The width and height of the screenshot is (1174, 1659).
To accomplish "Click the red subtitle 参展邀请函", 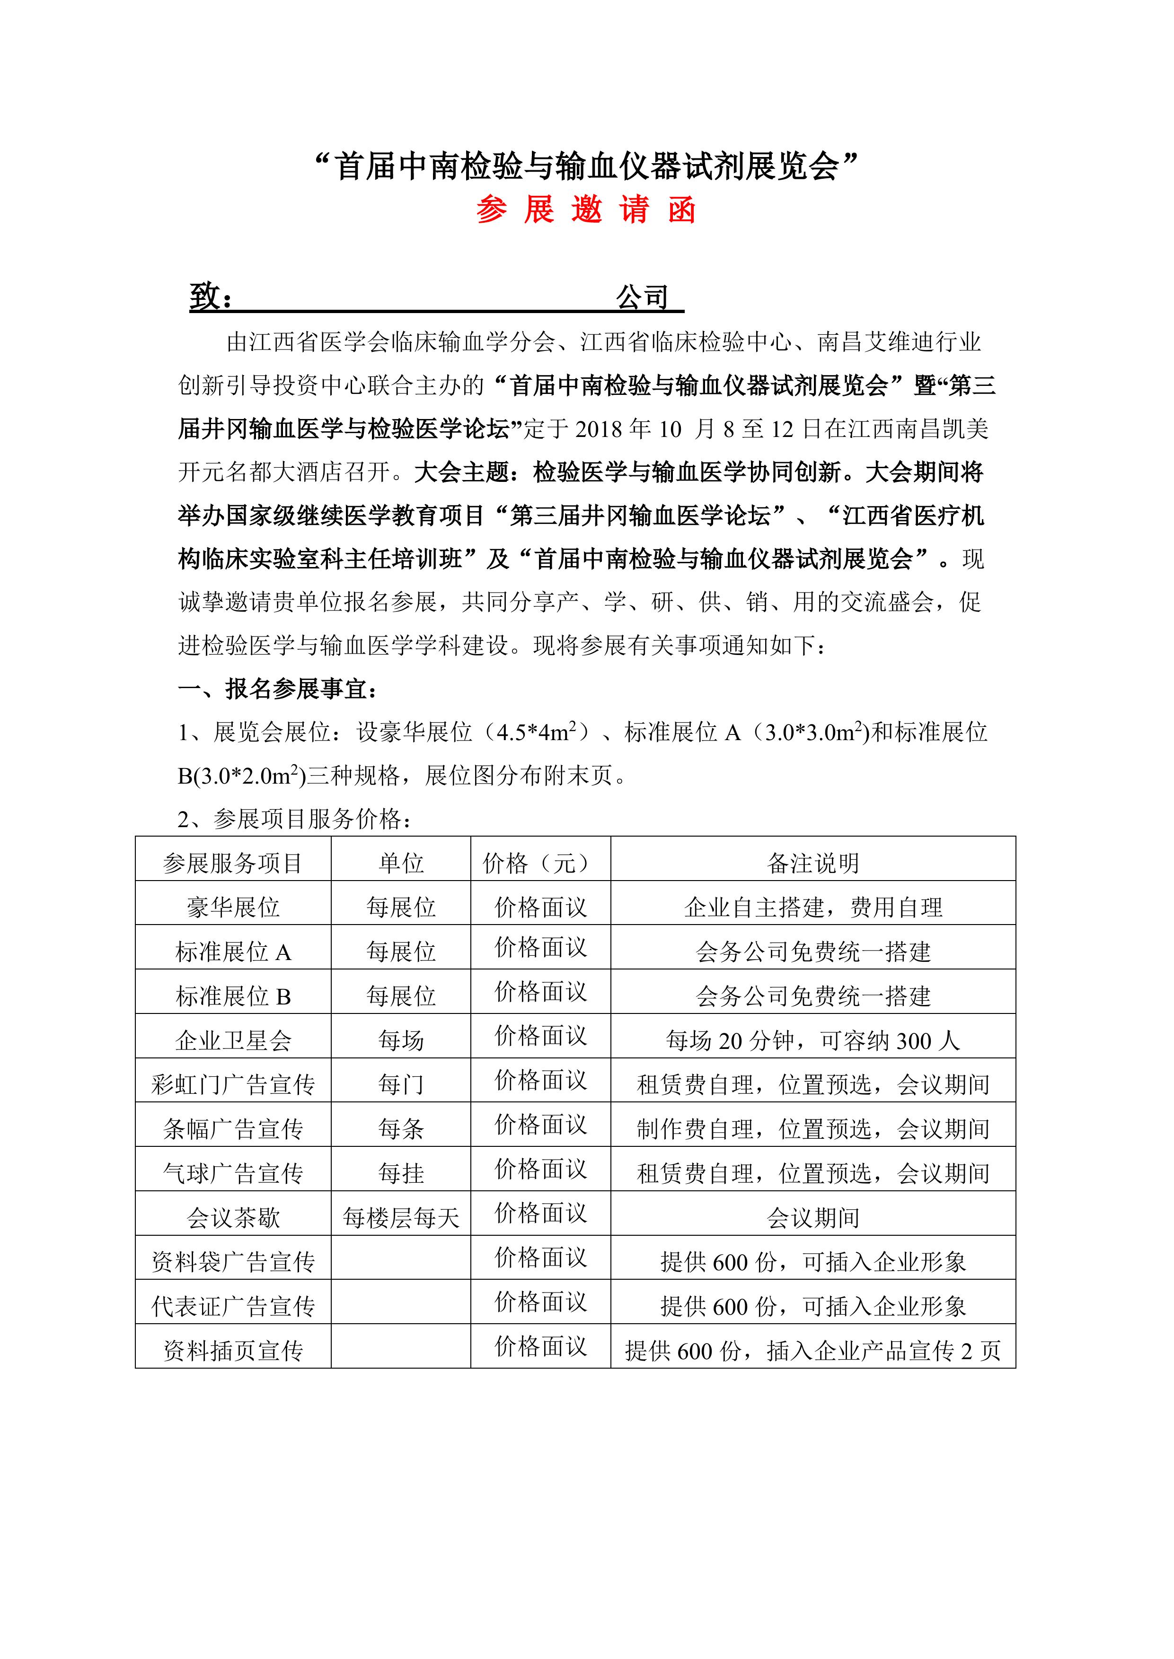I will (x=585, y=210).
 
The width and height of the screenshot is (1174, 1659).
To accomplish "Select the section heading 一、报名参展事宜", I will (x=278, y=690).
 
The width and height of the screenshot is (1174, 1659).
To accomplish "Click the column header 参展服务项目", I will (x=233, y=863).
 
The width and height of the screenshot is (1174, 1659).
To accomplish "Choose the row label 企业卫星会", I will (x=233, y=1040).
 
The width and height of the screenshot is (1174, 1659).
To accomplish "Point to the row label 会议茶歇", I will (x=233, y=1218).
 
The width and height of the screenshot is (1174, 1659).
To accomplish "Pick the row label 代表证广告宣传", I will (x=233, y=1306).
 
